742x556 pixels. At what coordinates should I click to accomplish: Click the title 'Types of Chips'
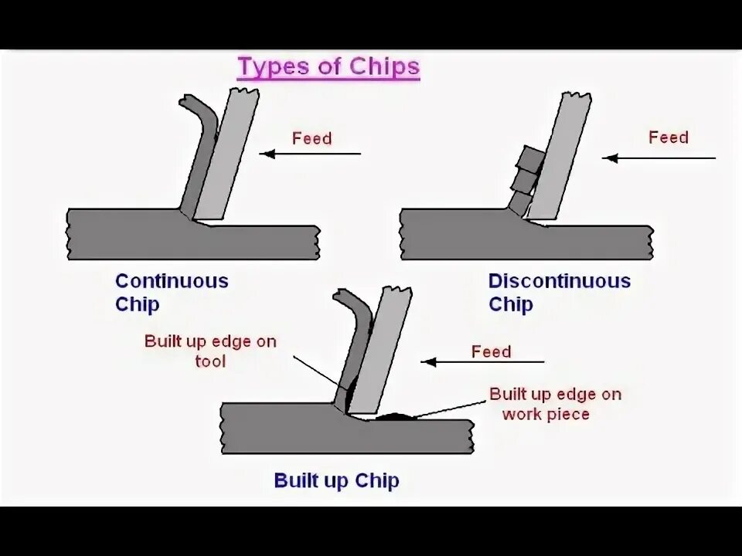pos(328,66)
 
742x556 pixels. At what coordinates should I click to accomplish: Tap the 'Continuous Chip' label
pos(172,292)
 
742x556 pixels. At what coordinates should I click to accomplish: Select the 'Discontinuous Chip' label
pos(559,292)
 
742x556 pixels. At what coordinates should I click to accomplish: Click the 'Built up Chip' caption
pos(336,481)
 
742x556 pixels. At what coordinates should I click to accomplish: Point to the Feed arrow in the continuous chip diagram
pos(309,154)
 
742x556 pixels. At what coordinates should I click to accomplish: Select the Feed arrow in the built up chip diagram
pos(482,361)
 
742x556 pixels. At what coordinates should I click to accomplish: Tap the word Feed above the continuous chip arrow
pos(311,139)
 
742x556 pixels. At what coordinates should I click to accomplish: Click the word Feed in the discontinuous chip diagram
pos(668,137)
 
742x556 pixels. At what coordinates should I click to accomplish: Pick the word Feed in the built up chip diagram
pos(491,352)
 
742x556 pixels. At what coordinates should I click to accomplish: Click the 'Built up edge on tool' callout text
pos(210,351)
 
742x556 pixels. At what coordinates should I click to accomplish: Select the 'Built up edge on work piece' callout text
pos(554,404)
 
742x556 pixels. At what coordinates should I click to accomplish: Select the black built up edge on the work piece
pos(395,416)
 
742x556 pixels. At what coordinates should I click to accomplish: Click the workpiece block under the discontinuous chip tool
pos(526,242)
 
